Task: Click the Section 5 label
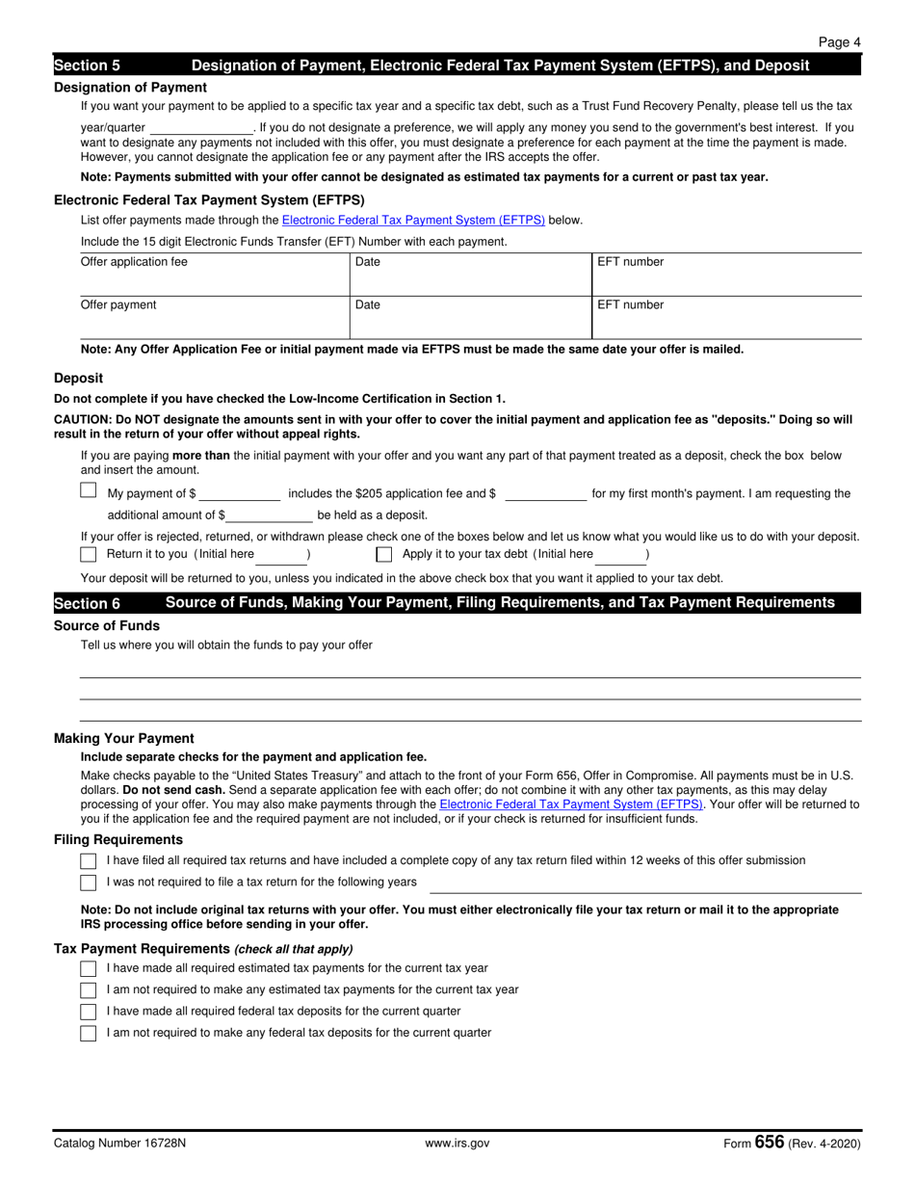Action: (x=88, y=66)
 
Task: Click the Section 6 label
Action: (x=88, y=603)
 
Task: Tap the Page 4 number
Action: (x=840, y=42)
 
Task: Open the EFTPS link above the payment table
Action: (x=413, y=220)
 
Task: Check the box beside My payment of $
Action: (x=89, y=490)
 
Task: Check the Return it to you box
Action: (x=89, y=554)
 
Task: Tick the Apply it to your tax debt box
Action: (x=384, y=554)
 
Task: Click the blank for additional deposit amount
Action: (x=270, y=516)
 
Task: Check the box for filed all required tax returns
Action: (x=89, y=860)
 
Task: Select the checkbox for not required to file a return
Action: (x=89, y=882)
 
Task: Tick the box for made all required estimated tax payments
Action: (x=89, y=968)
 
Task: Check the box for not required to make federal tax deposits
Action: (x=89, y=1033)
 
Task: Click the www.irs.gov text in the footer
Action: (x=457, y=1144)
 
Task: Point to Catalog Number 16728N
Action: (x=120, y=1144)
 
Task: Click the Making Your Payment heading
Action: (x=124, y=738)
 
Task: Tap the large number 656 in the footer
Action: (x=770, y=1142)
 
